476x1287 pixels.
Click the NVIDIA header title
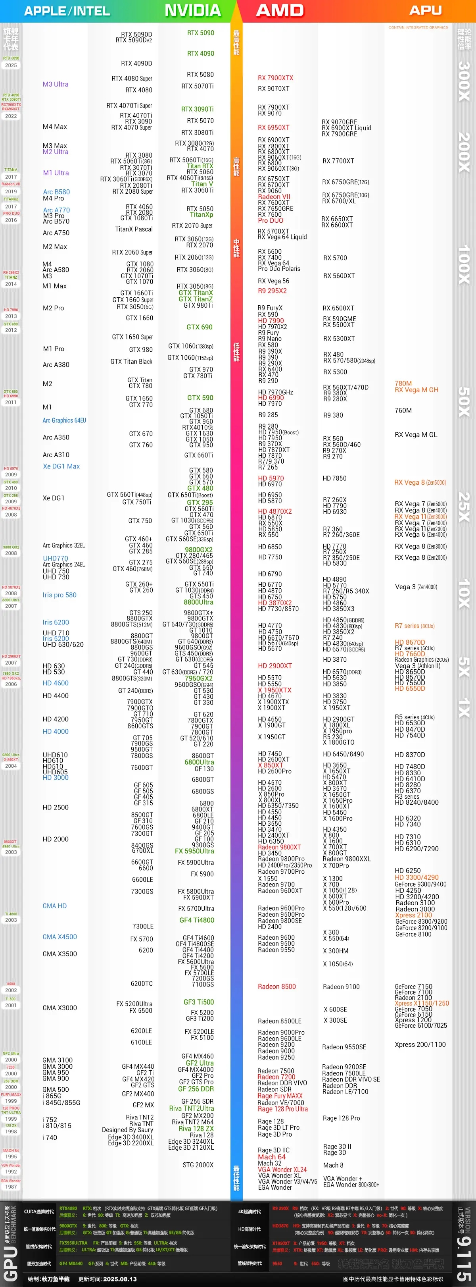(x=193, y=10)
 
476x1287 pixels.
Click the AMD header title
(x=280, y=10)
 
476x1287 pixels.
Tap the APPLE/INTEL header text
(x=67, y=11)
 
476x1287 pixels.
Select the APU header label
(x=425, y=10)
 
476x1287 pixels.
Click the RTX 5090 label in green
(x=200, y=33)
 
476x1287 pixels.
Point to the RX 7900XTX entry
(x=275, y=78)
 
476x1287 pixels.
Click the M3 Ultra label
(x=56, y=85)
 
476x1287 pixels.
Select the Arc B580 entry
(x=56, y=192)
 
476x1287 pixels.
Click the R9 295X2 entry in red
(x=272, y=291)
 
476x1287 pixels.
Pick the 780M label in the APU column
(x=403, y=384)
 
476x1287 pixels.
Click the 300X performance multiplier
(x=464, y=81)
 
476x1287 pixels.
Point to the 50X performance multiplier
(x=464, y=402)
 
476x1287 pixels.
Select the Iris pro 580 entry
(x=59, y=595)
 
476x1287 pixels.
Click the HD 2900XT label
(x=275, y=666)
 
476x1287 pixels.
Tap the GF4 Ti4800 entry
(x=197, y=920)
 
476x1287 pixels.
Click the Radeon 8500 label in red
(x=277, y=987)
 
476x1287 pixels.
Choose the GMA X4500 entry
(x=59, y=937)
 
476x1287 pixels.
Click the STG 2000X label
(x=198, y=1165)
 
